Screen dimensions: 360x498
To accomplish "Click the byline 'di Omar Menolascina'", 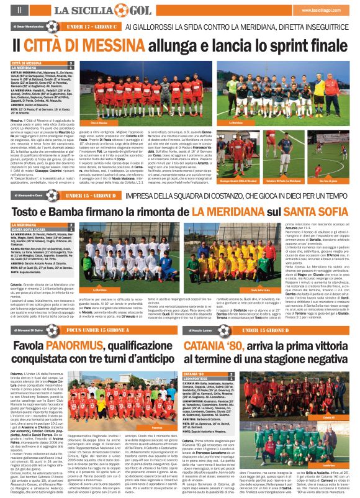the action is point(27,27).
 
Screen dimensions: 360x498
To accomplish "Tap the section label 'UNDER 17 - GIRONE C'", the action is point(91,27).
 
